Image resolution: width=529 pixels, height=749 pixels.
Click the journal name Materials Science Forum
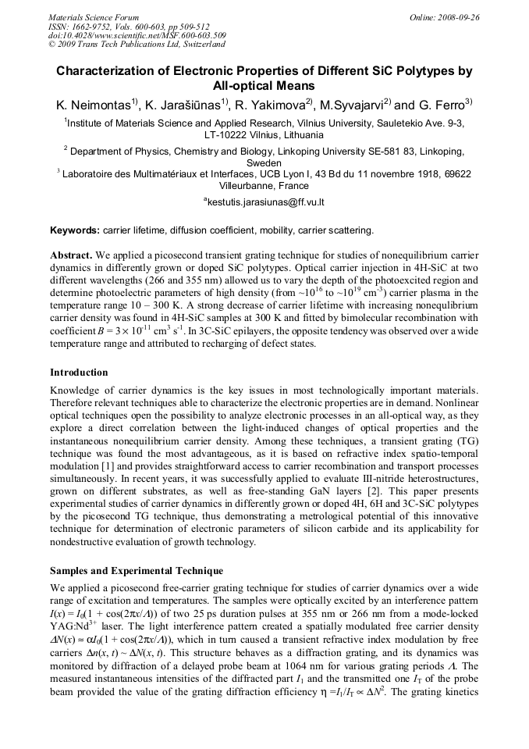[x=94, y=17]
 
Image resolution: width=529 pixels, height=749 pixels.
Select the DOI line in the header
[x=137, y=36]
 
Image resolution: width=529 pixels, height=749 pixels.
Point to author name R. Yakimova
[x=270, y=105]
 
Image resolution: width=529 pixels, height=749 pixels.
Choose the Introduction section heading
[x=79, y=373]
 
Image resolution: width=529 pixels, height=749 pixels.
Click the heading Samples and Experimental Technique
[x=136, y=571]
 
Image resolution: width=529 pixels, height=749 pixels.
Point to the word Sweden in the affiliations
[x=264, y=163]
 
